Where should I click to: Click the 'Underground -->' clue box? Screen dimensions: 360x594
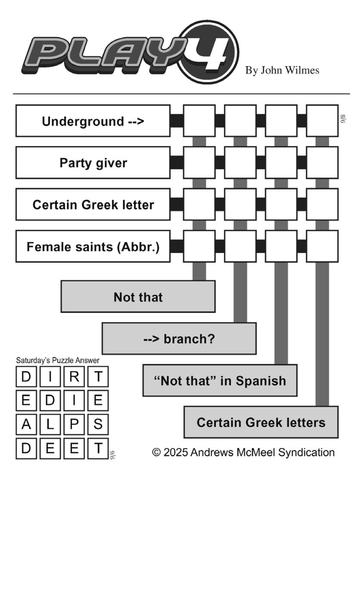[93, 121]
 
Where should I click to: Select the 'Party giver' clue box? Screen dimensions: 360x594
[93, 163]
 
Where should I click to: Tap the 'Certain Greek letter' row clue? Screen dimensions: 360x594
[93, 204]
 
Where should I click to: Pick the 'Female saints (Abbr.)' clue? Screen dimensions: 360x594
[93, 246]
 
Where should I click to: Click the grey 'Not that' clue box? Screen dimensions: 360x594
[138, 297]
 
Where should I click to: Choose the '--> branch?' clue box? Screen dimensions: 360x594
[179, 338]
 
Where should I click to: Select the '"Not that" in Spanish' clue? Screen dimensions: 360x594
[220, 380]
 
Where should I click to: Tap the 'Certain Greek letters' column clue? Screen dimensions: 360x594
[261, 422]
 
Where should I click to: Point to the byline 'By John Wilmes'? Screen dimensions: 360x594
[282, 70]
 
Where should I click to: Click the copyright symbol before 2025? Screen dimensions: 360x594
[156, 452]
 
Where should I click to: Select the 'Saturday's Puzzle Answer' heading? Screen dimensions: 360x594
[58, 360]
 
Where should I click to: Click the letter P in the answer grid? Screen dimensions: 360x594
[74, 424]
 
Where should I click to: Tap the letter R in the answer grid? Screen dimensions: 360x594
[74, 377]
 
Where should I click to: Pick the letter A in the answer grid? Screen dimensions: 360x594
[26, 424]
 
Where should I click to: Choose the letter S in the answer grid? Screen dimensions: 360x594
[98, 424]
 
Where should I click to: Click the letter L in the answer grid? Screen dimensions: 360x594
[50, 424]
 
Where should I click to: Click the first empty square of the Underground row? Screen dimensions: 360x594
[199, 121]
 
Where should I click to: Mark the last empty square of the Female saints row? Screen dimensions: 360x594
[323, 246]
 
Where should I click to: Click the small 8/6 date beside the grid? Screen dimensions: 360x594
[343, 118]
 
